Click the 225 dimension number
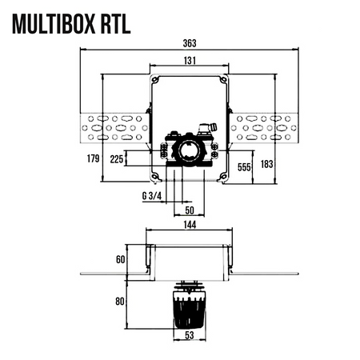[118, 158]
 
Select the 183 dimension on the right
[268, 164]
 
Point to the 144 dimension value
[189, 227]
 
